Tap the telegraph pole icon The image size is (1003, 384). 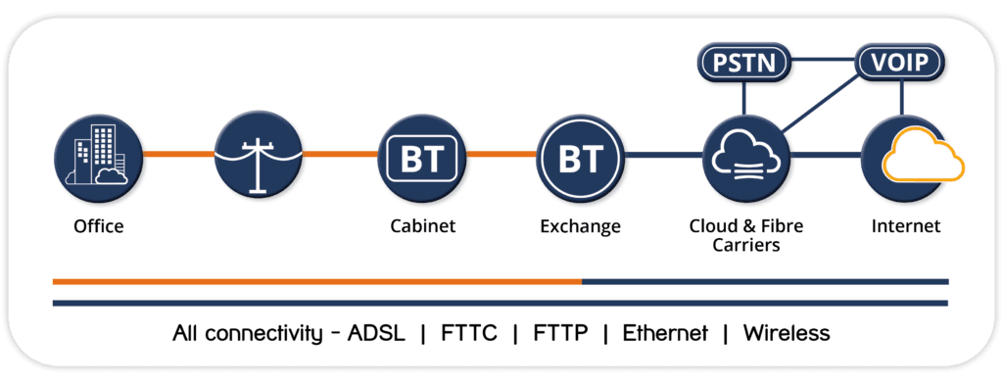pyautogui.click(x=258, y=156)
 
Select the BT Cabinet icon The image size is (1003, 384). pyautogui.click(x=421, y=156)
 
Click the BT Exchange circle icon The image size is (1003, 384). pyautogui.click(x=580, y=156)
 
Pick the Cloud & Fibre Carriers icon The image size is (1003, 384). pyautogui.click(x=746, y=156)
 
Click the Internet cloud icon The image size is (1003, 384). pyautogui.click(x=905, y=156)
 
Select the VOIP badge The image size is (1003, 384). pyautogui.click(x=901, y=65)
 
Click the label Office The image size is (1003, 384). pyautogui.click(x=99, y=226)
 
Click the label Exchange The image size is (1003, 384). pyautogui.click(x=580, y=226)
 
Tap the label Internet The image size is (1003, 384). pyautogui.click(x=905, y=226)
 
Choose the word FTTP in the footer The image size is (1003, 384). pyautogui.click(x=560, y=333)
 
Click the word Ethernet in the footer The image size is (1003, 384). pyautogui.click(x=665, y=333)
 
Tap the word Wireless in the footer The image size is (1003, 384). pyautogui.click(x=787, y=333)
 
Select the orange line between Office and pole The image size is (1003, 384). pyautogui.click(x=178, y=155)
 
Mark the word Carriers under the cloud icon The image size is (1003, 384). pyautogui.click(x=746, y=245)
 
